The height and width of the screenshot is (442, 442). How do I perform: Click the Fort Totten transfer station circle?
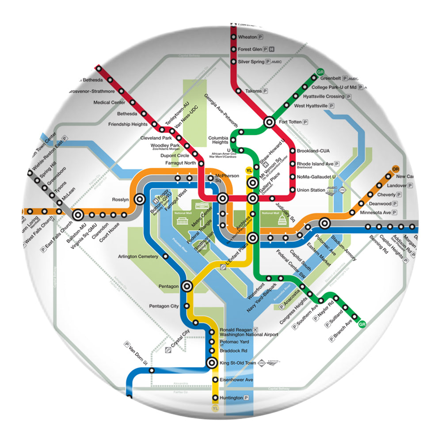(x=269, y=121)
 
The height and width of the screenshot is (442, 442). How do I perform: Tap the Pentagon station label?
(x=168, y=286)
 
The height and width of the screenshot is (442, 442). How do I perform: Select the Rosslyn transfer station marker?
(x=140, y=199)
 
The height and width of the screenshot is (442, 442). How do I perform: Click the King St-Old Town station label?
(x=238, y=363)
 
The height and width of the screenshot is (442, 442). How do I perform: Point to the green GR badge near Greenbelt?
(x=320, y=72)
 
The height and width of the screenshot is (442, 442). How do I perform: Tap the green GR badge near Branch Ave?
(x=362, y=325)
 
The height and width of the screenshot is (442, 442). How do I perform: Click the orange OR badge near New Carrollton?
(x=396, y=169)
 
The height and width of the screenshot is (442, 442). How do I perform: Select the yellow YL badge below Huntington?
(x=215, y=409)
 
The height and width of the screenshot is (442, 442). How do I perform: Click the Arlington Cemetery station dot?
(x=165, y=256)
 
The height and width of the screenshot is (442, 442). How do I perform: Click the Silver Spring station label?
(x=251, y=61)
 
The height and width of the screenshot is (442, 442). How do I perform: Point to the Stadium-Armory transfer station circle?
(x=325, y=224)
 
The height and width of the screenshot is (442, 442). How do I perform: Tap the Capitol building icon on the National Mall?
(x=282, y=221)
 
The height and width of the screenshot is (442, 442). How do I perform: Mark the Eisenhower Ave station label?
(x=236, y=380)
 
